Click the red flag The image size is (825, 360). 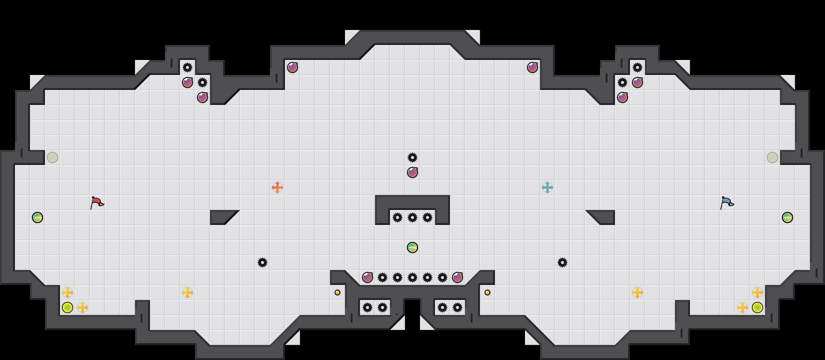[97, 202]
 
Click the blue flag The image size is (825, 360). [727, 202]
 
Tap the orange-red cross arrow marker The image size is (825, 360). [277, 187]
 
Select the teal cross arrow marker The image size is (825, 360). [547, 187]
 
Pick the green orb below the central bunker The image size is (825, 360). [412, 247]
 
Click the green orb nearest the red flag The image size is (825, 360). [37, 217]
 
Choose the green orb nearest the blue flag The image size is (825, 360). [787, 217]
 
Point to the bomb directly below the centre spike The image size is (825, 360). [412, 172]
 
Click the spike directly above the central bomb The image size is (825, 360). [412, 157]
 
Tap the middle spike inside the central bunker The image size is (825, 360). [412, 217]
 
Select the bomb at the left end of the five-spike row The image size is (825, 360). [367, 277]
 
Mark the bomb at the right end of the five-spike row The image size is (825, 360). [457, 277]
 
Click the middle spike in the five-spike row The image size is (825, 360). [412, 277]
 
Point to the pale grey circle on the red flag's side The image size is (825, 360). [52, 157]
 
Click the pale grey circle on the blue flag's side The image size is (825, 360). [772, 157]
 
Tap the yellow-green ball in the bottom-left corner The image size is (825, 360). [67, 307]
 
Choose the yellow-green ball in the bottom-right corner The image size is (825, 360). [757, 307]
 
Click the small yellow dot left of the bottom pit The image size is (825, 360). [337, 292]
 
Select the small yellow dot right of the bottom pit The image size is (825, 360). [487, 292]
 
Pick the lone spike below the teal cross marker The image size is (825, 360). [562, 262]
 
